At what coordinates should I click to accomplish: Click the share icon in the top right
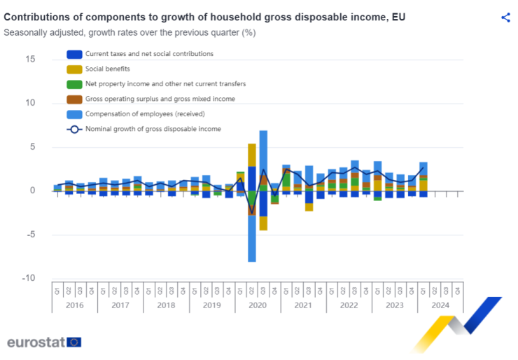(x=505, y=18)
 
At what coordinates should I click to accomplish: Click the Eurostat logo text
(x=36, y=342)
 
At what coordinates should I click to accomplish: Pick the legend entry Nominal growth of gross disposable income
(x=153, y=129)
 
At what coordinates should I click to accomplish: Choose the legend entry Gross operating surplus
(x=160, y=99)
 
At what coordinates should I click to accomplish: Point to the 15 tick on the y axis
(x=30, y=59)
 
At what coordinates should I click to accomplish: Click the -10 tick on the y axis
(x=29, y=278)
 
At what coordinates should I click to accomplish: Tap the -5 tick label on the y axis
(x=31, y=234)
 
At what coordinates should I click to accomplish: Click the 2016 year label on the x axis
(x=74, y=305)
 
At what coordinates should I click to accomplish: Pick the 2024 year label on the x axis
(x=440, y=305)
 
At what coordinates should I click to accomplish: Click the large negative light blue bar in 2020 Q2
(x=252, y=238)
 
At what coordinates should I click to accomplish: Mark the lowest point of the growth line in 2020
(x=252, y=232)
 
